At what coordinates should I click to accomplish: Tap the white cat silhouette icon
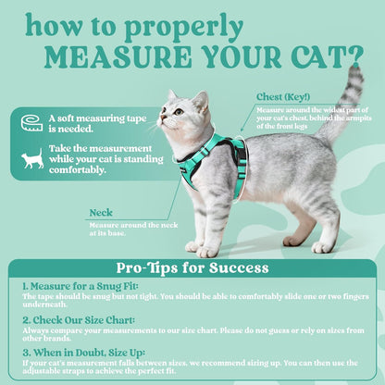point(32,160)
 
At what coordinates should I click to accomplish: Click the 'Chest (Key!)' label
point(283,96)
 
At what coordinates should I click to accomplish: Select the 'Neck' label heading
point(101,212)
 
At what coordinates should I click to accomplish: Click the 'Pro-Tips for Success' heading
point(192,268)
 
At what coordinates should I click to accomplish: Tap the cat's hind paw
point(321,247)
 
